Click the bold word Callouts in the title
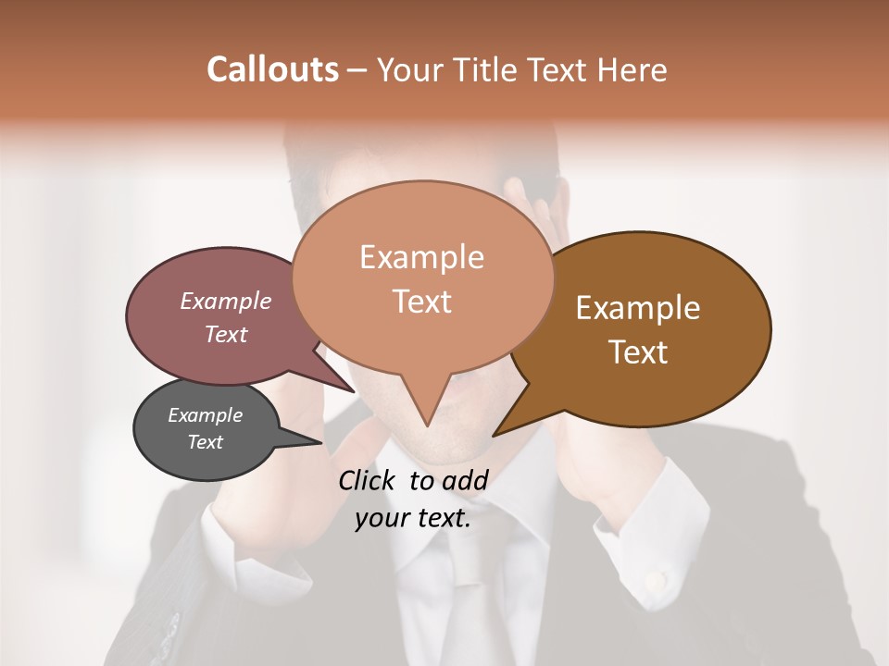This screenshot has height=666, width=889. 272,69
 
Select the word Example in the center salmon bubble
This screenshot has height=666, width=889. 421,257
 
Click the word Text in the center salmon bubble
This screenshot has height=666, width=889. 421,302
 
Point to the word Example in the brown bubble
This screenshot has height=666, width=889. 638,308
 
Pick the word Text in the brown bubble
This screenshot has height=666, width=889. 638,352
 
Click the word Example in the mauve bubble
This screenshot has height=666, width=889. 226,302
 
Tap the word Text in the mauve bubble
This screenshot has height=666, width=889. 226,335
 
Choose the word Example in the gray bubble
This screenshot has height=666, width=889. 206,415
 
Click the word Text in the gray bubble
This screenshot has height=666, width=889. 206,442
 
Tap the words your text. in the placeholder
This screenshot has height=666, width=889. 413,518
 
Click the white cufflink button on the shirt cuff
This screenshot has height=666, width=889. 656,581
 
